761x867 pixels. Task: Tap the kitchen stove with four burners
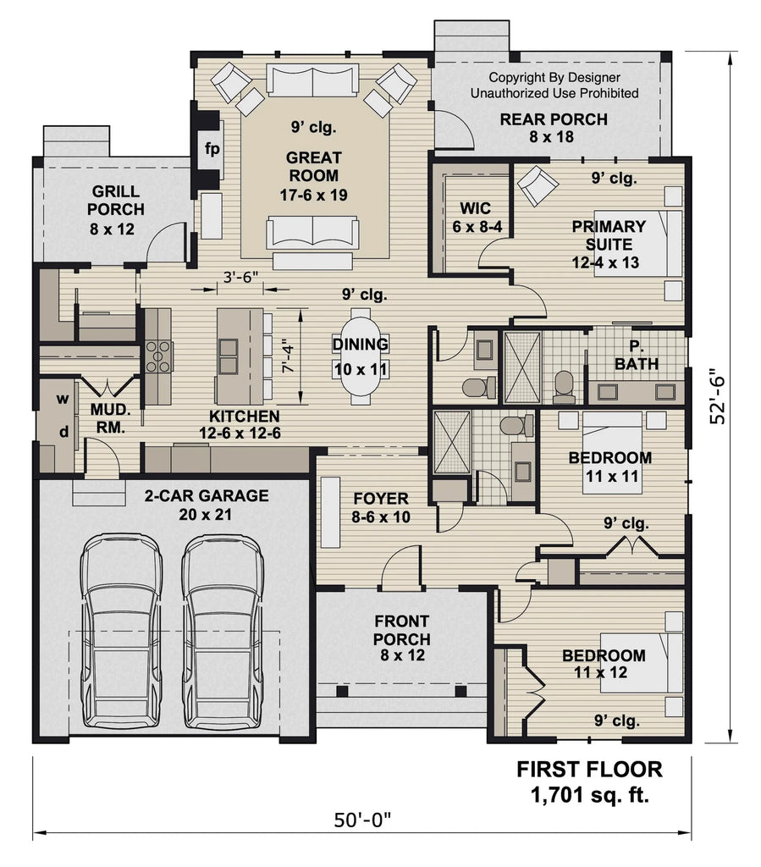click(x=157, y=356)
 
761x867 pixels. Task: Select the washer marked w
click(x=62, y=399)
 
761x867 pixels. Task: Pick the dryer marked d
click(x=62, y=431)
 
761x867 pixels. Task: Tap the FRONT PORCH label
click(x=401, y=638)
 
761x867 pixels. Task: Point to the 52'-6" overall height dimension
click(x=718, y=395)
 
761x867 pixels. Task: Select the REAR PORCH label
click(x=554, y=128)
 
